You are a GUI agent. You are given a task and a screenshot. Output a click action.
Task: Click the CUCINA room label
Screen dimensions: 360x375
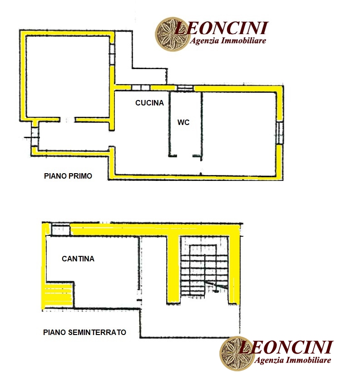pos(149,103)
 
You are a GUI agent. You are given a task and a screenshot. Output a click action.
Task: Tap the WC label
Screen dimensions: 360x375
pos(183,122)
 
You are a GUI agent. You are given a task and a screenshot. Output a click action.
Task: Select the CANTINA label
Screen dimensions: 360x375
pos(78,259)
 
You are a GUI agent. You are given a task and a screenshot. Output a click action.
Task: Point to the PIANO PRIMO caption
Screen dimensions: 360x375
pos(68,176)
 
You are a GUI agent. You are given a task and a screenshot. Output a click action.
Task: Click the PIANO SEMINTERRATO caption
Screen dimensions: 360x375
pos(84,332)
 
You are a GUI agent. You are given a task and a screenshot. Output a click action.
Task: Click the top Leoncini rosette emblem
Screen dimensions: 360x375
pos(172,34)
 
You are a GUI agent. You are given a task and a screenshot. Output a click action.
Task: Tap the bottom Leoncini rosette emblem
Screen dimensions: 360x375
pos(237,354)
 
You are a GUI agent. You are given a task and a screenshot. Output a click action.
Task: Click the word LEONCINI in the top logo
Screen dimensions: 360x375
pos(222,28)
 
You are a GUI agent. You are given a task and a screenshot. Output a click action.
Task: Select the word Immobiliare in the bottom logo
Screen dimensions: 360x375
pos(308,360)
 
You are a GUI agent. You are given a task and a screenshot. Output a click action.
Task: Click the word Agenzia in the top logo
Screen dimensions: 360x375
pos(204,40)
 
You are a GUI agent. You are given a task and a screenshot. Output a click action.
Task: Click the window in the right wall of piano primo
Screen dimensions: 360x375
pos(280,133)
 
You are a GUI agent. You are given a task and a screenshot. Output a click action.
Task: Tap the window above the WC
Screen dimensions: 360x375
pos(185,88)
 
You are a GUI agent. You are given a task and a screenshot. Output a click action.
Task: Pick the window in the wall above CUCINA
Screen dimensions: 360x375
pos(141,88)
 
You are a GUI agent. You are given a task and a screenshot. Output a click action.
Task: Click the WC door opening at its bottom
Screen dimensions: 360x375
pos(185,156)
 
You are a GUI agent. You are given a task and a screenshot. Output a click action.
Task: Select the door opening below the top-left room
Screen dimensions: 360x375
pos(67,120)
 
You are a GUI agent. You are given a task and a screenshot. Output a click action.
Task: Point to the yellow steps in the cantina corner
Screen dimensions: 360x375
pos(58,295)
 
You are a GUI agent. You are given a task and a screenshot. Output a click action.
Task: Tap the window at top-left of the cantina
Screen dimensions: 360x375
pos(61,230)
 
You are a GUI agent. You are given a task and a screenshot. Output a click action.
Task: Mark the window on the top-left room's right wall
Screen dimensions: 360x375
pos(112,54)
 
